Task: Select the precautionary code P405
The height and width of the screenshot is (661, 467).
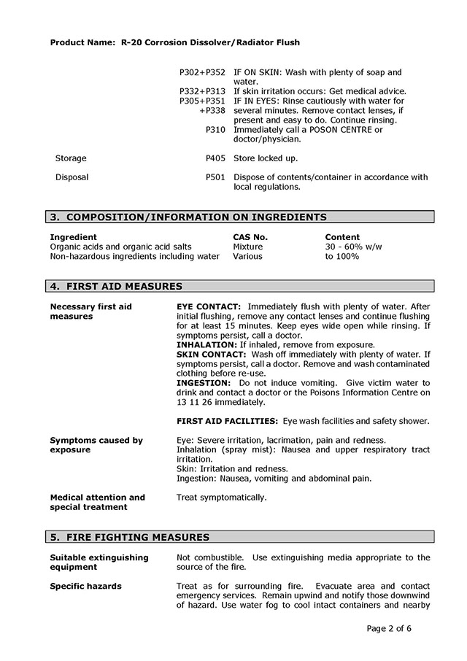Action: pos(215,158)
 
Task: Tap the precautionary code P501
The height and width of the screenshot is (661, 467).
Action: pos(215,177)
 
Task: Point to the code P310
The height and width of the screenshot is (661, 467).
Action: pos(215,130)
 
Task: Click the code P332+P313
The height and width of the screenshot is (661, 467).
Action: pos(202,91)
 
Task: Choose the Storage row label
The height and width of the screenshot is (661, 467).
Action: pos(71,158)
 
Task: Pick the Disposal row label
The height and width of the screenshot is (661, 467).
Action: pos(72,177)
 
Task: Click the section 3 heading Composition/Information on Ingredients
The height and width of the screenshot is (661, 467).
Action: pos(188,217)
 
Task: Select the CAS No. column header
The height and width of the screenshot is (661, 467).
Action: pos(250,237)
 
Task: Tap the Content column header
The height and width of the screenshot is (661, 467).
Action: pos(342,237)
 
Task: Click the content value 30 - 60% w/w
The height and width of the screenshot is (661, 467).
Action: pos(353,247)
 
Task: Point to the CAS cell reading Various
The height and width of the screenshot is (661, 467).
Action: pos(247,256)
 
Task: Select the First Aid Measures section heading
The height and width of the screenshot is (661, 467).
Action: pos(116,287)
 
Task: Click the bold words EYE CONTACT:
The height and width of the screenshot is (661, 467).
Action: pos(209,307)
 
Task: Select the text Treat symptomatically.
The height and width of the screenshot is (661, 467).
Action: pos(222,498)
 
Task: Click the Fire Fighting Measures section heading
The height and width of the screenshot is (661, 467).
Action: pos(129,538)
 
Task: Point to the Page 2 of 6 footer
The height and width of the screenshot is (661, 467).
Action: pos(400,628)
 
